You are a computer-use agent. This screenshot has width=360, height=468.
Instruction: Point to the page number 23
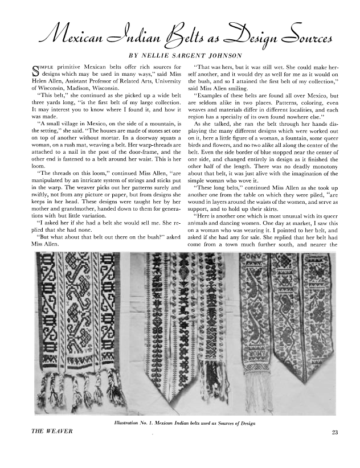[334, 433]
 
